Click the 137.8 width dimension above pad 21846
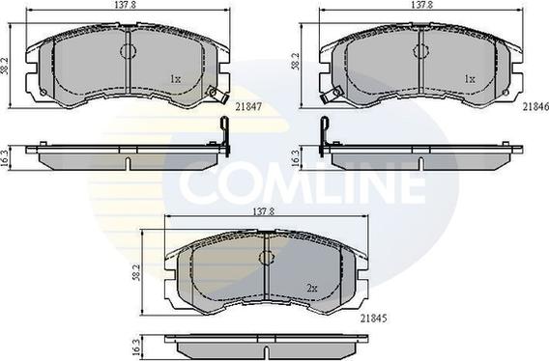tap(421, 7)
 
